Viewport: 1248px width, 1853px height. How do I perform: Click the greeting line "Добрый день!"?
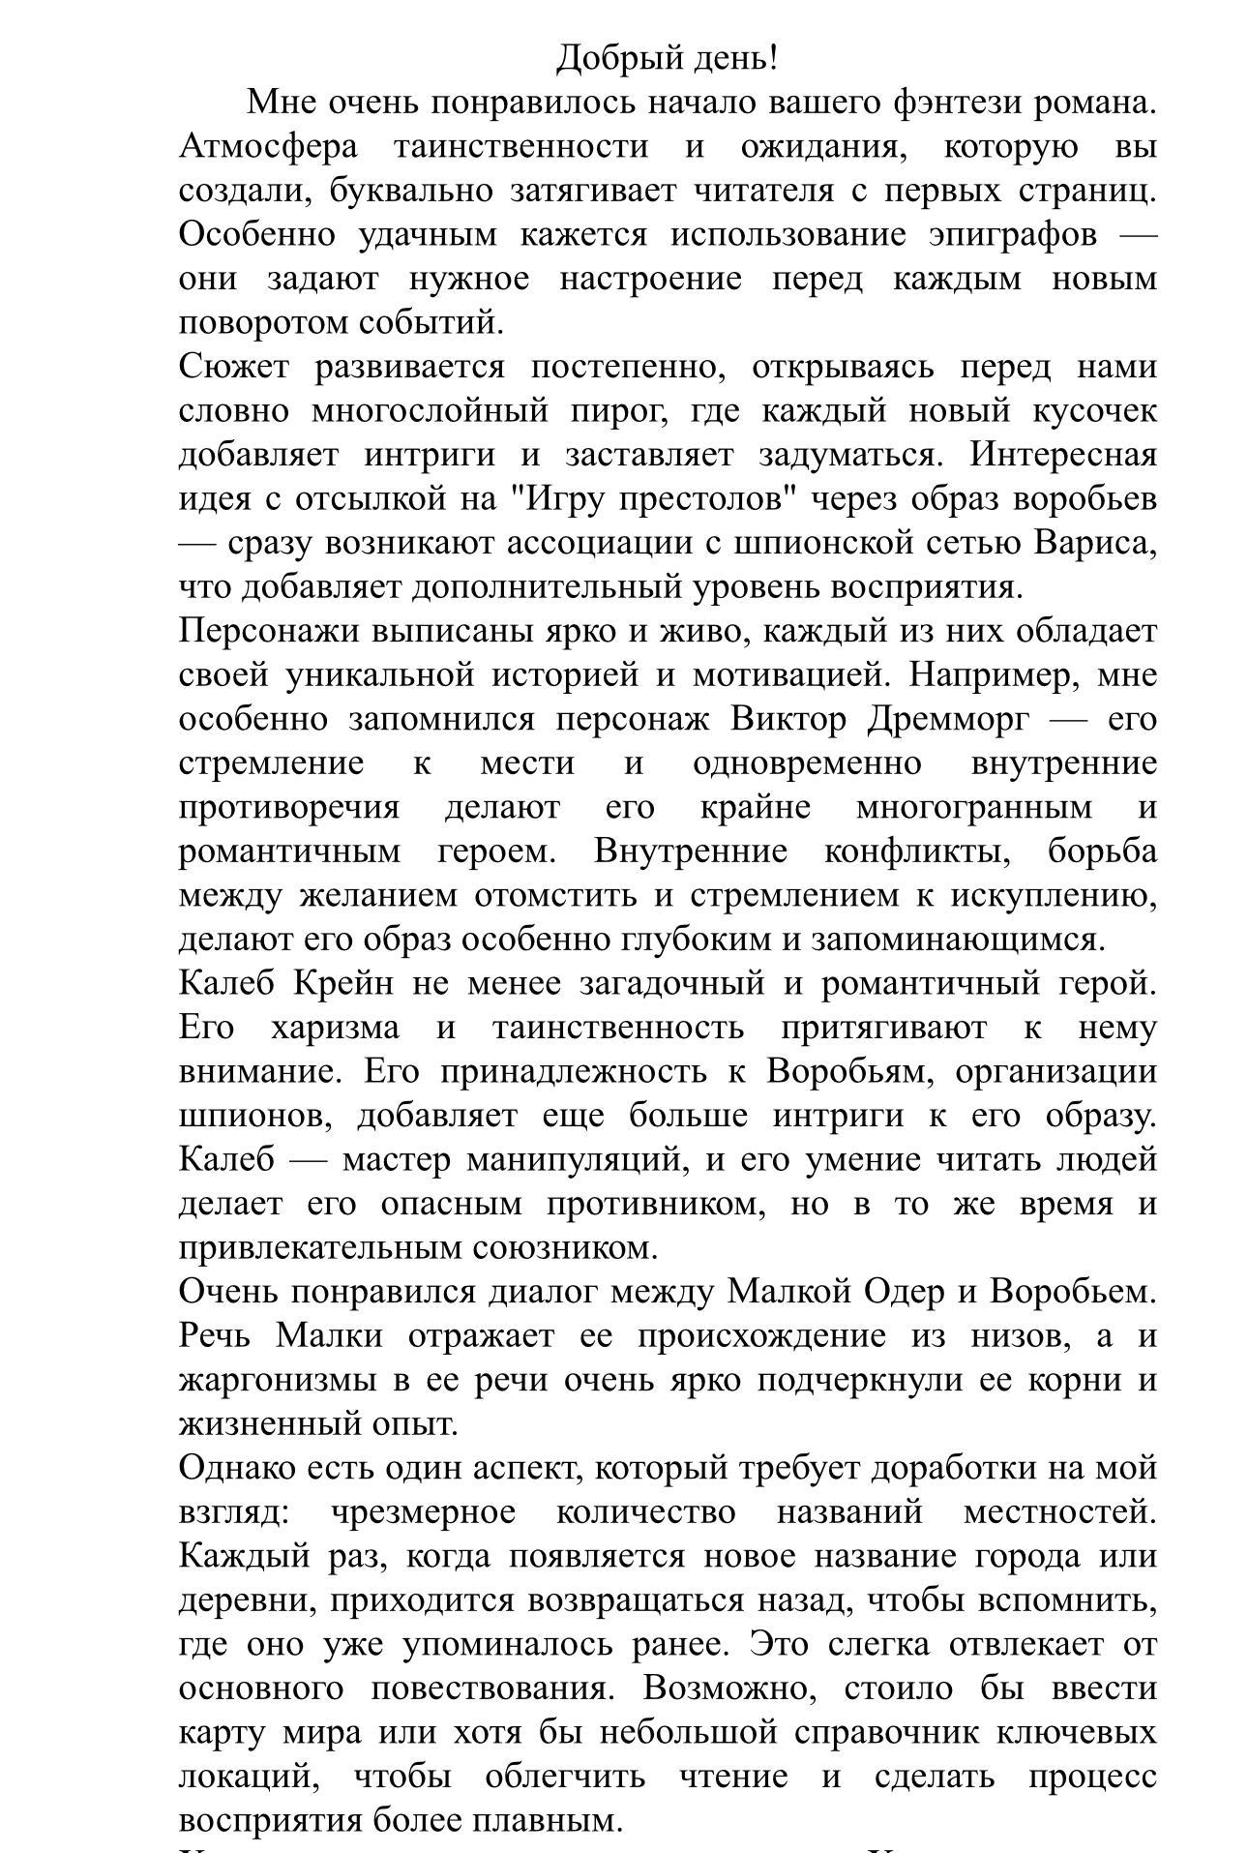667,59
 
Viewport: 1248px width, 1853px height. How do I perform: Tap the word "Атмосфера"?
268,147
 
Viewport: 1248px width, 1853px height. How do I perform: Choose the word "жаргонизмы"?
279,1380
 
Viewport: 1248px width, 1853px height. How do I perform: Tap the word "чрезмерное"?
423,1511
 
